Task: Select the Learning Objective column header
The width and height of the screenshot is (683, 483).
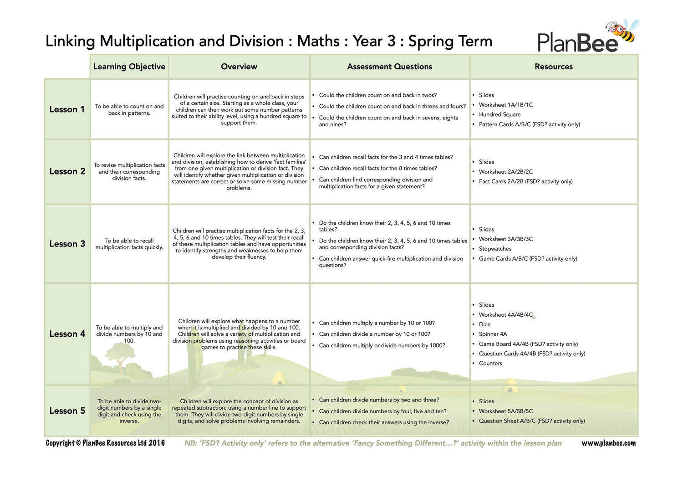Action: pyautogui.click(x=129, y=67)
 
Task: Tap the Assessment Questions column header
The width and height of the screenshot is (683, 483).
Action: pyautogui.click(x=389, y=67)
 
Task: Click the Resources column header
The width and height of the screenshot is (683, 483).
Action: pyautogui.click(x=553, y=67)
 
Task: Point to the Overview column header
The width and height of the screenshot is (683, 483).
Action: pyautogui.click(x=239, y=67)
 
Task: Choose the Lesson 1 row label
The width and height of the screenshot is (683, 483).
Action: pyautogui.click(x=67, y=109)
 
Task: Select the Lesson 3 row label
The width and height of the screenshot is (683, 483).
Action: pyautogui.click(x=67, y=244)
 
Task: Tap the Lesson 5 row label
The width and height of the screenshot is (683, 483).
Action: pyautogui.click(x=67, y=411)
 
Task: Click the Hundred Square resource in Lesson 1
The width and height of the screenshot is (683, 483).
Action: pyautogui.click(x=500, y=114)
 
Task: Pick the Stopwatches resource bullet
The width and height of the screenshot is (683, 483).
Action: pyautogui.click(x=495, y=249)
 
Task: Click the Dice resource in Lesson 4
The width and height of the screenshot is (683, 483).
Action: pyautogui.click(x=484, y=324)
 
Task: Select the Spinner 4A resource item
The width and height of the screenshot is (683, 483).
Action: pyautogui.click(x=493, y=334)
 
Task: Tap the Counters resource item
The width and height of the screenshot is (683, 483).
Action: pyautogui.click(x=490, y=363)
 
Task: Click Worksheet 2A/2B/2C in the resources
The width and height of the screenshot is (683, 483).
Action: pyautogui.click(x=505, y=172)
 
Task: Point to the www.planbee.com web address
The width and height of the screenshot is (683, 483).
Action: pyautogui.click(x=608, y=443)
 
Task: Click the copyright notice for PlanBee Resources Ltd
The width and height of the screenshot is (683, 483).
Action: pyautogui.click(x=105, y=443)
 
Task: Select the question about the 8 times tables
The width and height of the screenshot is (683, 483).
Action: pyautogui.click(x=377, y=168)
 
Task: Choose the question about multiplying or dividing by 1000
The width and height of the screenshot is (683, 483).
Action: pyautogui.click(x=382, y=345)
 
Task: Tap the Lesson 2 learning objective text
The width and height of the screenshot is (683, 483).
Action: pyautogui.click(x=129, y=172)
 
